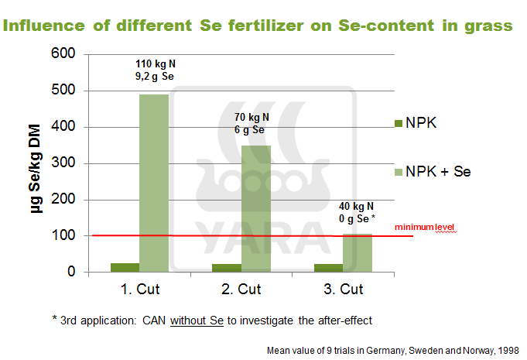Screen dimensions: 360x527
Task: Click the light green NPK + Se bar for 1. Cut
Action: (153, 183)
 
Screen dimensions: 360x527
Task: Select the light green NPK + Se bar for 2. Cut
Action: (256, 208)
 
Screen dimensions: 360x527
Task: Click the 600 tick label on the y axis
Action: (65, 54)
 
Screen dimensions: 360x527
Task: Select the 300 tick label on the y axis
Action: (65, 163)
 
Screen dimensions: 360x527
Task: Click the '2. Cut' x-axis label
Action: (241, 290)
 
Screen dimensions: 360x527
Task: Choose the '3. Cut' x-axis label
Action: (342, 290)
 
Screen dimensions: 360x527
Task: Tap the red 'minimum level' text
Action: (425, 227)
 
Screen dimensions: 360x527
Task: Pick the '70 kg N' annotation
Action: (252, 118)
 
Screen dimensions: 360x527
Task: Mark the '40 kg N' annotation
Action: (357, 206)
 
